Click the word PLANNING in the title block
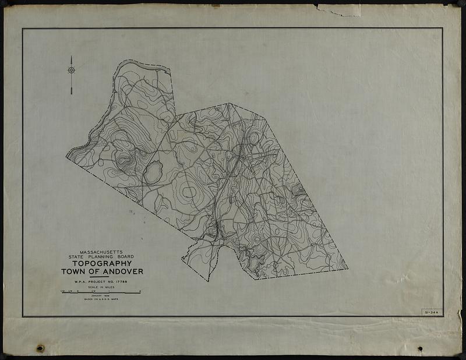pyautogui.click(x=103, y=256)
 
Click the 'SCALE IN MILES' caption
pyautogui.click(x=102, y=287)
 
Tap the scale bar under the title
pyautogui.click(x=101, y=292)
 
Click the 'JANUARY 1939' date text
pyautogui.click(x=102, y=296)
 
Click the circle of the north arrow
pyautogui.click(x=71, y=70)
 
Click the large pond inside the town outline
pyautogui.click(x=153, y=173)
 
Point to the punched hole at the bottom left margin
pyautogui.click(x=40, y=348)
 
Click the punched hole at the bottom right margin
pyautogui.click(x=420, y=349)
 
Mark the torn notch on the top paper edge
pyautogui.click(x=335, y=9)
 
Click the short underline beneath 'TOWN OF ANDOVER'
pyautogui.click(x=102, y=277)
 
